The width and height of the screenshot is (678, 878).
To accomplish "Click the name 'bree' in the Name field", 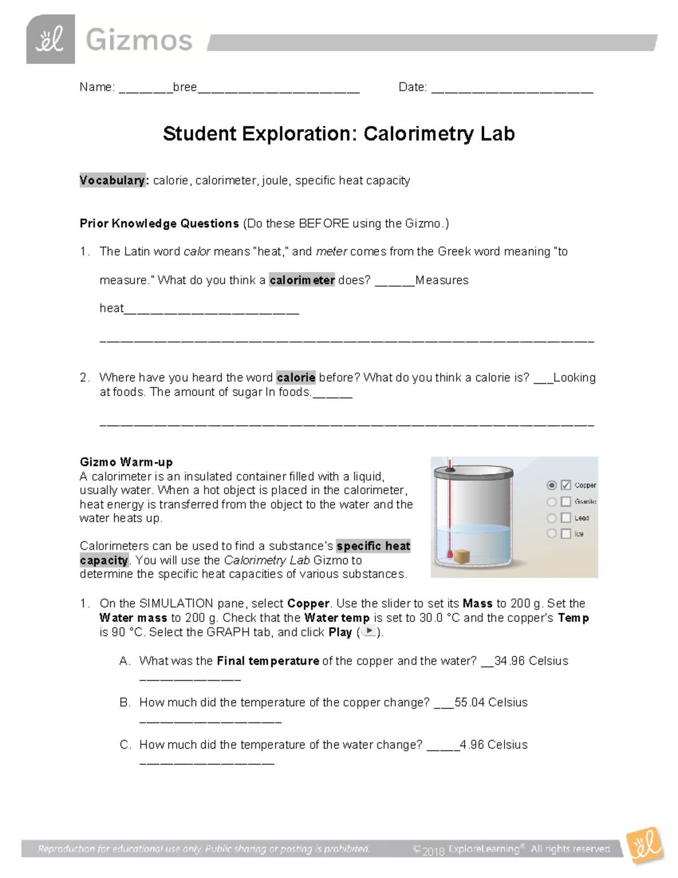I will pyautogui.click(x=185, y=87).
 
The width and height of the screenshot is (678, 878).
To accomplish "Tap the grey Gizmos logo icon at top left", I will pyautogui.click(x=50, y=40).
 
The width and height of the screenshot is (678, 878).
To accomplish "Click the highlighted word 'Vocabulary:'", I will pyautogui.click(x=112, y=180).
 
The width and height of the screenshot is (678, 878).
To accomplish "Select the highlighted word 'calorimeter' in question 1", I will pyautogui.click(x=302, y=280).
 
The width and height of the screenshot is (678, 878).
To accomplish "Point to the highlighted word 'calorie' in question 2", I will pyautogui.click(x=295, y=377).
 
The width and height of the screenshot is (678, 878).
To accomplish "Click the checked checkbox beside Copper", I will pyautogui.click(x=566, y=485).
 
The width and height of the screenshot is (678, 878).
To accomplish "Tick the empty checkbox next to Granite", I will pyautogui.click(x=566, y=501).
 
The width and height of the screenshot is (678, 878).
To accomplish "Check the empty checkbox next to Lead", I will pyautogui.click(x=566, y=518).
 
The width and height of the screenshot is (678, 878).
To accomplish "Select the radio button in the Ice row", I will pyautogui.click(x=551, y=534).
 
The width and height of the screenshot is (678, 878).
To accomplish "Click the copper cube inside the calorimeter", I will pyautogui.click(x=462, y=556).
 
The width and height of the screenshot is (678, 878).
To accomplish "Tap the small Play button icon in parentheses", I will pyautogui.click(x=368, y=632).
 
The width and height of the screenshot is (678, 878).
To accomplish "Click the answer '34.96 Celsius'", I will pyautogui.click(x=531, y=661).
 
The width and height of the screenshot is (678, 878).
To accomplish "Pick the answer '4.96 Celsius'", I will pyautogui.click(x=493, y=745).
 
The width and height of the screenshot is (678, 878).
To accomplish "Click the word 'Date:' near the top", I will pyautogui.click(x=412, y=87).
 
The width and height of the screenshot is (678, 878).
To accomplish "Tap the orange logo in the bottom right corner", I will pyautogui.click(x=645, y=846).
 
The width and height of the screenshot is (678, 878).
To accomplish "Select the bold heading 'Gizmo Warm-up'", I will pyautogui.click(x=126, y=462).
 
